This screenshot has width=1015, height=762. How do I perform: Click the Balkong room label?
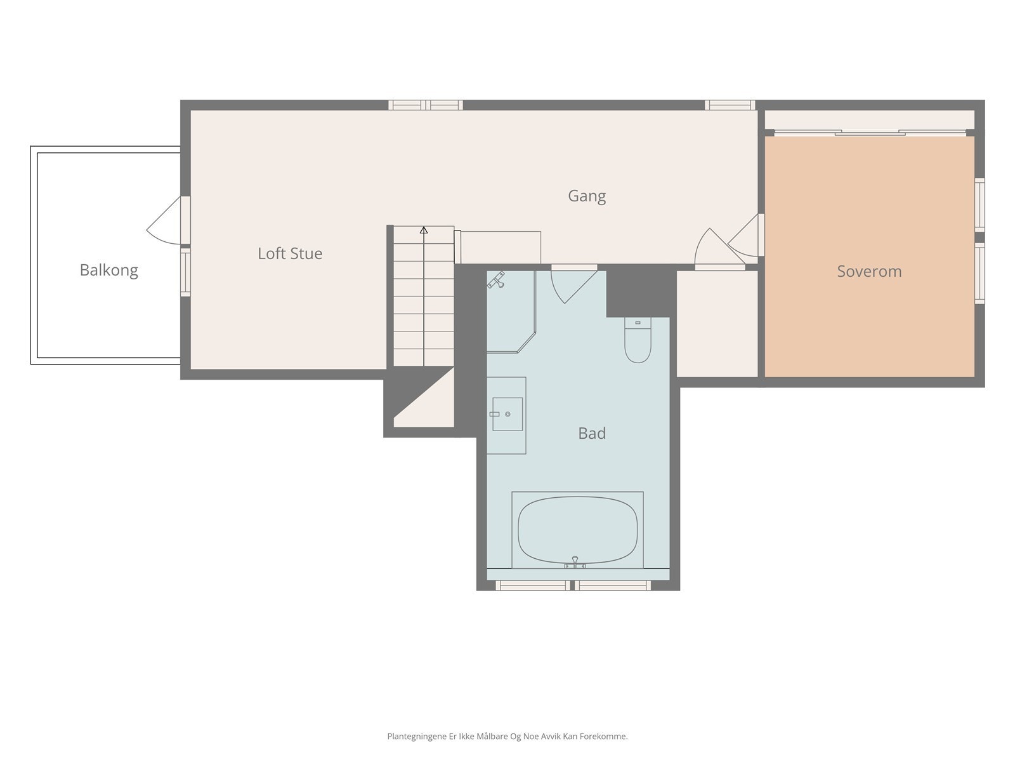(108, 271)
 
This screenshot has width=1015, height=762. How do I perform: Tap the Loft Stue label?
(290, 253)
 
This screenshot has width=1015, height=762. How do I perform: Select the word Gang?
(587, 196)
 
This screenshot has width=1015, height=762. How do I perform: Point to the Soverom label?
(869, 271)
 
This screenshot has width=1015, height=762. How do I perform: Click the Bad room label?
(592, 433)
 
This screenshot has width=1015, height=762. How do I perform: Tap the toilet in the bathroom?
(638, 340)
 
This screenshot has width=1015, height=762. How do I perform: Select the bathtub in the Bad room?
(577, 530)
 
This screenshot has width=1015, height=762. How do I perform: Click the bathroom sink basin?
(507, 414)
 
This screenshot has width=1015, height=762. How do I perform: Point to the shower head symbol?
(496, 280)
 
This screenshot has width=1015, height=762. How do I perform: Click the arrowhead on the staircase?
(424, 230)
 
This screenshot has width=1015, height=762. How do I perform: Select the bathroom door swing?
(573, 287)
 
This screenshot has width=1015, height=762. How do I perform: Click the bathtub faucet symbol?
(575, 562)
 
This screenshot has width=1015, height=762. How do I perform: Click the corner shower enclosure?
(511, 312)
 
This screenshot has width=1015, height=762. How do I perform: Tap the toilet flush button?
(638, 323)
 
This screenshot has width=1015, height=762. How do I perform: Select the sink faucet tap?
(495, 414)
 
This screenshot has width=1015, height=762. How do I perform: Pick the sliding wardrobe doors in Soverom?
(870, 133)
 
